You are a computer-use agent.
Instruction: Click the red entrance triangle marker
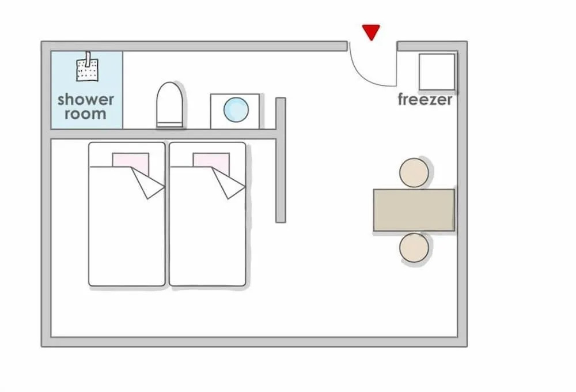[371, 32]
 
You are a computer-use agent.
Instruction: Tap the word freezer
[425, 99]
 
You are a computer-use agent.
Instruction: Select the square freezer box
[437, 72]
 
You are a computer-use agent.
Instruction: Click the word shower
[86, 99]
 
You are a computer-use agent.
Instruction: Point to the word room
[86, 114]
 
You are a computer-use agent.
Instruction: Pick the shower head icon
[87, 66]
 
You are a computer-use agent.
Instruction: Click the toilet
[170, 105]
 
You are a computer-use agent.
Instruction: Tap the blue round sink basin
[236, 110]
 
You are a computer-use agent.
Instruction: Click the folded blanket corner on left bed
[148, 183]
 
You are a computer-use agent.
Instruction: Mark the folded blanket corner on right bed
[229, 183]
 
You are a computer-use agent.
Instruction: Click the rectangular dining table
[414, 210]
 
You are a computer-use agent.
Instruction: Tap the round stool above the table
[414, 173]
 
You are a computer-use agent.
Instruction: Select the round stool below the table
[414, 248]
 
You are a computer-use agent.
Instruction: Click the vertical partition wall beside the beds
[281, 160]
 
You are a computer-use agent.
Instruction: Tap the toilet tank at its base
[170, 125]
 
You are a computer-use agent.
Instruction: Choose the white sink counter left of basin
[217, 111]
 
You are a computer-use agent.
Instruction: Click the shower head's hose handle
[88, 59]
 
